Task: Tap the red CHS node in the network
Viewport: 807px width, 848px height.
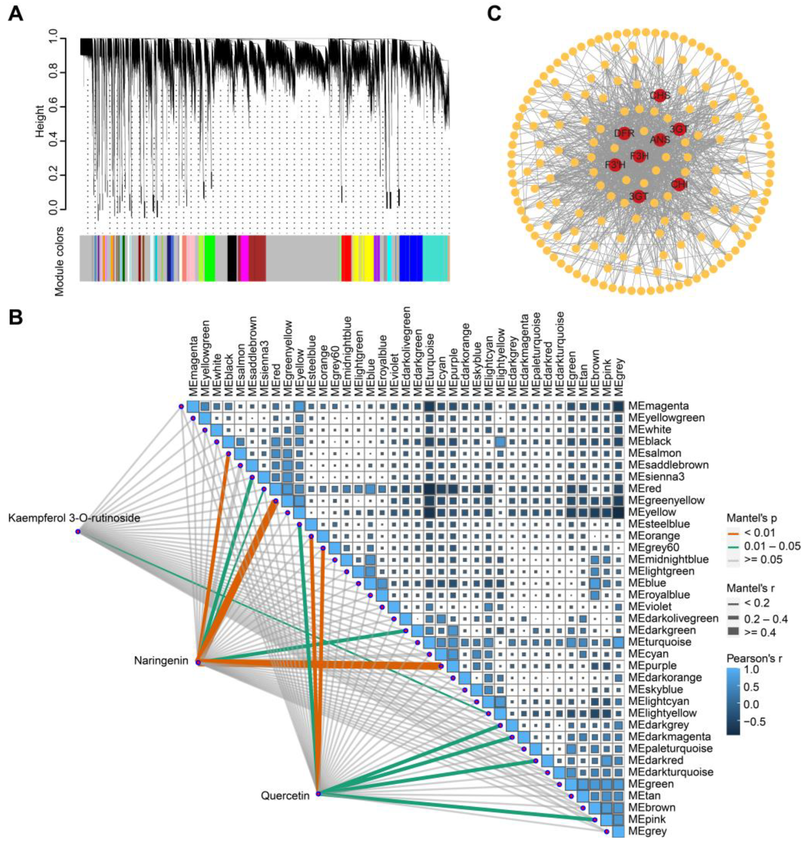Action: (x=660, y=95)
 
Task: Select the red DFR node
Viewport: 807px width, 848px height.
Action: (x=623, y=134)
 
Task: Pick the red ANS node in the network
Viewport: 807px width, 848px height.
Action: (x=660, y=139)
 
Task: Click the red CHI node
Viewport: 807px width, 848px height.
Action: (x=679, y=184)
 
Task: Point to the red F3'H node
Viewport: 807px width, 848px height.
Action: (x=615, y=165)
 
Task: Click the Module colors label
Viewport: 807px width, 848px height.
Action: (x=59, y=261)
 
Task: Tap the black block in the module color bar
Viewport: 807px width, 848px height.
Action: (x=232, y=258)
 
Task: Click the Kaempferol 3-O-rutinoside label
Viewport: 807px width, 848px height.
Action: (x=74, y=518)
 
